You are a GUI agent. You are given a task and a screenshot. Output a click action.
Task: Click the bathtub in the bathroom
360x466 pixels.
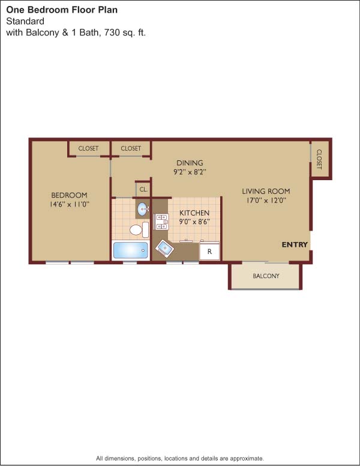coord(130,250)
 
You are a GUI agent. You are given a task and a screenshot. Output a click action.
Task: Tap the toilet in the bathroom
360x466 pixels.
coord(139,230)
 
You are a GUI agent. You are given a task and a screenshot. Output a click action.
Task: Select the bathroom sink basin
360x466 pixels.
coord(143,209)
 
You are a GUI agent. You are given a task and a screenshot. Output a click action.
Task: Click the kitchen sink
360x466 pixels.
coord(164,247)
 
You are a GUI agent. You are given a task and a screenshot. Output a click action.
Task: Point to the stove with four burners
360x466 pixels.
coord(161,222)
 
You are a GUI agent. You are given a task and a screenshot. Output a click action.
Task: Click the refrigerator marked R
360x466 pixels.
coord(209,251)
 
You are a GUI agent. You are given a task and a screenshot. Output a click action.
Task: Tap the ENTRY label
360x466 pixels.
coord(295,244)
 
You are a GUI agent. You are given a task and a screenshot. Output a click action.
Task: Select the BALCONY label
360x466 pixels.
coord(266,276)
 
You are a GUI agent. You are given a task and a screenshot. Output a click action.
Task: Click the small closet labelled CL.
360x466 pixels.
coord(143,189)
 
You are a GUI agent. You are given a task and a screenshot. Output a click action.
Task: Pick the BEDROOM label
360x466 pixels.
coord(69,195)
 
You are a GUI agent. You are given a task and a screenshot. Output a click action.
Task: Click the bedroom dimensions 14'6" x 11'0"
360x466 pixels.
coord(70,204)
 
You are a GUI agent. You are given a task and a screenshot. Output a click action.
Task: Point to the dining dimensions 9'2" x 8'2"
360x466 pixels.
coord(190,172)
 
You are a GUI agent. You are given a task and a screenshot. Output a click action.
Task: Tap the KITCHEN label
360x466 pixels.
coord(194,213)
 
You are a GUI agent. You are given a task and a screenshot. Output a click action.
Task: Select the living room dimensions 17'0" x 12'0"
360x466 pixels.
coord(266,201)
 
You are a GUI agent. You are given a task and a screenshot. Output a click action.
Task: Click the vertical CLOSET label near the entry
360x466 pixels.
coord(319,159)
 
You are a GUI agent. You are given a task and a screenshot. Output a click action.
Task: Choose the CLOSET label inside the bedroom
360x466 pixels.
coord(88,148)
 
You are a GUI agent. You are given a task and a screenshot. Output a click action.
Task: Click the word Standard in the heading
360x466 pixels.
coord(25,22)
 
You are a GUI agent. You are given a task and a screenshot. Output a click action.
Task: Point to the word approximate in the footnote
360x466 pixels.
coord(247,458)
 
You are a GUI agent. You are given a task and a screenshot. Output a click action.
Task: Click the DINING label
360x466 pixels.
coord(190,163)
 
